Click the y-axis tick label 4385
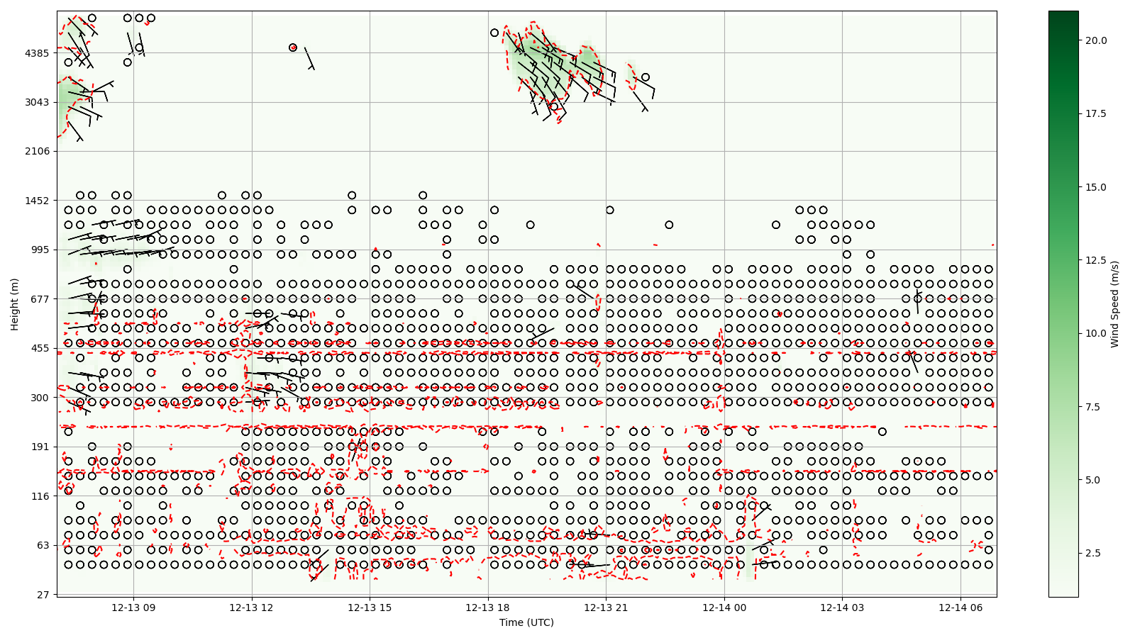click(x=37, y=53)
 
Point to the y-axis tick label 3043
click(x=37, y=102)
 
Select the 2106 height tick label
click(x=37, y=151)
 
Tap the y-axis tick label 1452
click(x=37, y=201)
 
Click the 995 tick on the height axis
click(x=40, y=250)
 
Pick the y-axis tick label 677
click(x=40, y=299)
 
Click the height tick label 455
click(x=40, y=348)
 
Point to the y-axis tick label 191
click(x=40, y=447)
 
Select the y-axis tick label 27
click(x=43, y=595)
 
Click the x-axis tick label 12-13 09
click(x=133, y=608)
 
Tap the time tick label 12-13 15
click(x=370, y=608)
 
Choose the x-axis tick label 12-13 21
click(x=606, y=608)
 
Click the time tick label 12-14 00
click(x=724, y=608)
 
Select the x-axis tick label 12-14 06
click(x=960, y=608)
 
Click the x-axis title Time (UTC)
click(x=526, y=622)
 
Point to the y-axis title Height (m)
click(x=14, y=304)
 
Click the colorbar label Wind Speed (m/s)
click(x=1114, y=304)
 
